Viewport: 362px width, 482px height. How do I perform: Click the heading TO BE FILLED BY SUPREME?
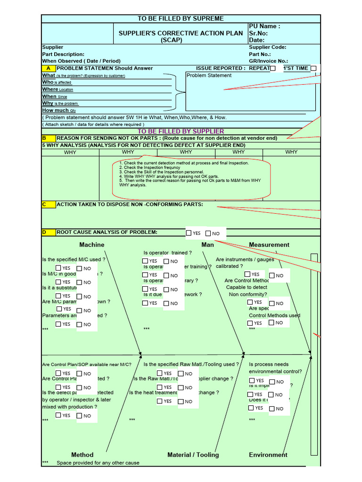tap(181, 18)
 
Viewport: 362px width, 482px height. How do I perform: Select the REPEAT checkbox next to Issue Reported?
tap(272, 68)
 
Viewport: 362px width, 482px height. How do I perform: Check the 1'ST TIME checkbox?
tap(313, 68)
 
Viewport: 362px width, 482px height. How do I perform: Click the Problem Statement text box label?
tap(209, 75)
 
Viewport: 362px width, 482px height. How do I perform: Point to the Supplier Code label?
tap(267, 47)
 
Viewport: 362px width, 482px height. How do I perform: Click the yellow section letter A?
tap(49, 68)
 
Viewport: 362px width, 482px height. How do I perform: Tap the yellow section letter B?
tap(44, 138)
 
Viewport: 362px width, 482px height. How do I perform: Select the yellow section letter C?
tap(44, 204)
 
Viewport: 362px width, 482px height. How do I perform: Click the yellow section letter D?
tap(44, 232)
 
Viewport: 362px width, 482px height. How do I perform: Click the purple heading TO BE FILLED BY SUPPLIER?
tap(181, 131)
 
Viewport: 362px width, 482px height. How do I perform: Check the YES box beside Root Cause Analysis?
tap(189, 233)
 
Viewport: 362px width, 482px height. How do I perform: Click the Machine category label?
tap(92, 245)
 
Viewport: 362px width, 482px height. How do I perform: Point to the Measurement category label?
tap(269, 245)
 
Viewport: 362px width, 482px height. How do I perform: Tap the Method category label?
tap(82, 455)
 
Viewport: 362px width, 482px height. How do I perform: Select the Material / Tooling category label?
tap(193, 455)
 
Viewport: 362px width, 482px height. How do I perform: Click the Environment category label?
tap(268, 455)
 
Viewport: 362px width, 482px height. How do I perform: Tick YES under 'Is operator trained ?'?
tap(145, 261)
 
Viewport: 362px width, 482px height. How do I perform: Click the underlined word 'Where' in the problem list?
tap(50, 89)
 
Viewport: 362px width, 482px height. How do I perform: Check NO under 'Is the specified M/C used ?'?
tap(80, 268)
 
